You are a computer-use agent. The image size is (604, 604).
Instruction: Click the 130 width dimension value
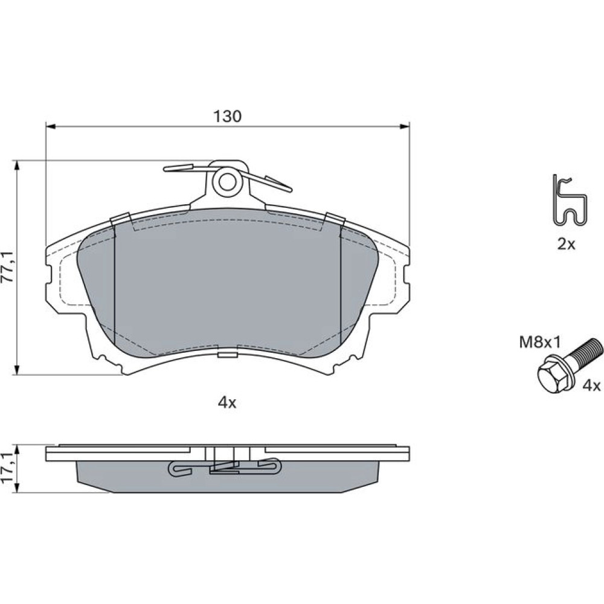point(228,116)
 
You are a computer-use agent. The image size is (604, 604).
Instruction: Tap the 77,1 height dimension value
point(8,267)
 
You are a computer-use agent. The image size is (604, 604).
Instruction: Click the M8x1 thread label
point(541,342)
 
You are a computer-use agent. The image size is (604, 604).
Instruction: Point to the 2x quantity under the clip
point(566,244)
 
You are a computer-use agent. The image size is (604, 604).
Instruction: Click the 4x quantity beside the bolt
point(591,385)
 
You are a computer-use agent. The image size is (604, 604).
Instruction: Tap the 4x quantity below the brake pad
point(227,403)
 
